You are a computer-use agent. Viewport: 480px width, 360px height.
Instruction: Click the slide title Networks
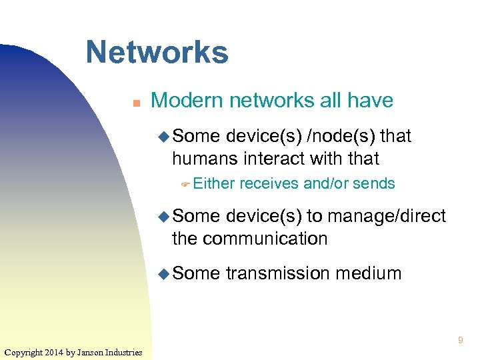pos(157,52)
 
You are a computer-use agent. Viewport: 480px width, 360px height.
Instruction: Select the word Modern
pos(187,101)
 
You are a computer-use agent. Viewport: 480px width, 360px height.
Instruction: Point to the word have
pos(369,101)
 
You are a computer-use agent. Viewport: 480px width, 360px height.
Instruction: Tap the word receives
pos(269,183)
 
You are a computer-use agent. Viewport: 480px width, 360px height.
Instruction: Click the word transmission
pos(278,273)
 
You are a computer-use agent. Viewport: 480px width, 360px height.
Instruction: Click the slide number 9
pos(460,341)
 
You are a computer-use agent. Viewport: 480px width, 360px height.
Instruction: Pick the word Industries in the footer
pos(123,352)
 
